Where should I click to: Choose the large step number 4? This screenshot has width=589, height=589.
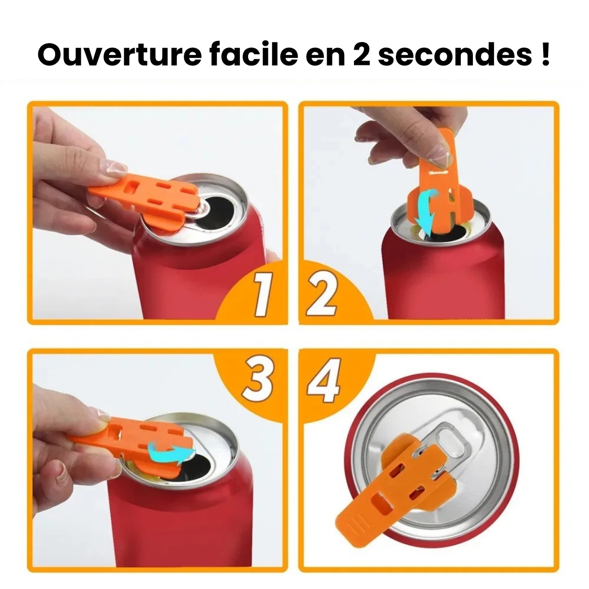(324, 379)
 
